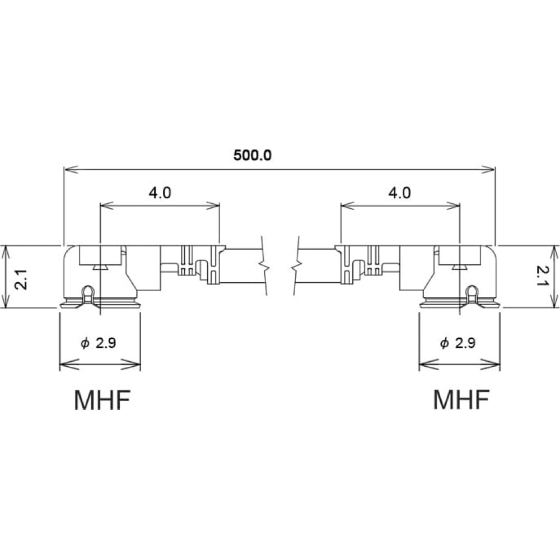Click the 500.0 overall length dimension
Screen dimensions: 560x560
point(253,155)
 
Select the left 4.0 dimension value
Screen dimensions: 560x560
point(160,193)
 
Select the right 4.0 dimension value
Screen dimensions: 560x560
point(400,193)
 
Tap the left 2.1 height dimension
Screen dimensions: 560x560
point(21,279)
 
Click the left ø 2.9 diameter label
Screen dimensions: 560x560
point(98,343)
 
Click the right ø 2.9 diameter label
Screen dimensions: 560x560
point(458,343)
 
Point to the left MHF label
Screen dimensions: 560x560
point(102,400)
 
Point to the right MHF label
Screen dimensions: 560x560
point(461,400)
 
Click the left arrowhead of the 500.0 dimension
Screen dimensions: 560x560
point(71,170)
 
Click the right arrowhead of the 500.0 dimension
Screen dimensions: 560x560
point(488,170)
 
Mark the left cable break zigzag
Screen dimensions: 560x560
point(264,265)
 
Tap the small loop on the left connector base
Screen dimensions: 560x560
point(88,293)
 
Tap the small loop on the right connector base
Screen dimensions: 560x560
point(472,293)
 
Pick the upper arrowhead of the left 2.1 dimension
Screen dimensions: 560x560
point(5,252)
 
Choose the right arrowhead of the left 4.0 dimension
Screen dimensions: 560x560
point(213,206)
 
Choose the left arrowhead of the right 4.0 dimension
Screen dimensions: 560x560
point(348,206)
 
